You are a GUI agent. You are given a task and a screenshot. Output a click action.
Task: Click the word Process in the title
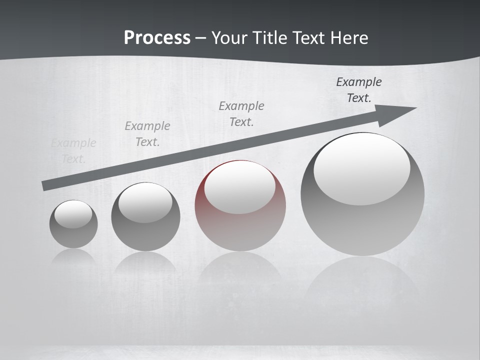(x=157, y=38)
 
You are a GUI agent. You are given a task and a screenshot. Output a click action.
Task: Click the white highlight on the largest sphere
(x=362, y=169)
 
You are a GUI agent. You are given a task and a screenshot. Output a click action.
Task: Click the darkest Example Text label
(x=359, y=89)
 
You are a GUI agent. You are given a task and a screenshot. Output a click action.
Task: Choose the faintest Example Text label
(x=73, y=150)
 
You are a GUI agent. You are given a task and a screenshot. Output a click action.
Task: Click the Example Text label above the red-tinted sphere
(x=241, y=113)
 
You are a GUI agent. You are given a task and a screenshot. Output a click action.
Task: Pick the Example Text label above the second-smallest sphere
(x=147, y=133)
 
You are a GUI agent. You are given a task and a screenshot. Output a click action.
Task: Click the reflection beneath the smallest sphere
(x=73, y=257)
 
